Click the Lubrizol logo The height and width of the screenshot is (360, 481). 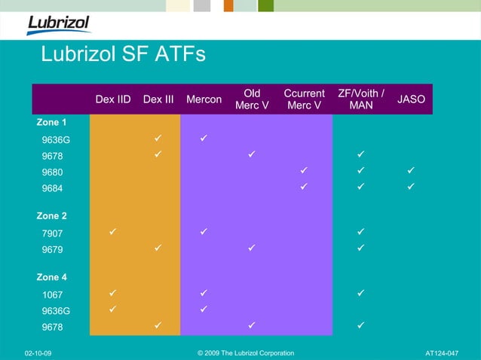point(58,23)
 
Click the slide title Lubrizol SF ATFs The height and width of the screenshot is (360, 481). point(123,55)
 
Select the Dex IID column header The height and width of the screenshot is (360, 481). point(113,99)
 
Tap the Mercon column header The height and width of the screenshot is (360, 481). point(204,99)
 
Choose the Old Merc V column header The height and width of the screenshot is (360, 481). point(252,99)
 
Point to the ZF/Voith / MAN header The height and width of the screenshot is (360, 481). point(361,99)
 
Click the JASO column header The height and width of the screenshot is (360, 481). point(411,99)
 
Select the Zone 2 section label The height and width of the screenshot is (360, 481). point(51,216)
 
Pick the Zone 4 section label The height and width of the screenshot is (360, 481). point(51,277)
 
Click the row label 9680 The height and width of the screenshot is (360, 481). point(52,172)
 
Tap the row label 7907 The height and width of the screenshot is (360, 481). point(52,233)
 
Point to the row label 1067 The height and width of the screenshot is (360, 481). point(52,294)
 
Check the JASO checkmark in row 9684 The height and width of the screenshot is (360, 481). point(411,187)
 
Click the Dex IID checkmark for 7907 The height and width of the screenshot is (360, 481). point(112,231)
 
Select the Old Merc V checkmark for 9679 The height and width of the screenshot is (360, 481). point(251,247)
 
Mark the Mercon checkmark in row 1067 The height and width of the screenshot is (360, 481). point(204,292)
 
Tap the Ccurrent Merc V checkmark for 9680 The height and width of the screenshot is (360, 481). point(304,171)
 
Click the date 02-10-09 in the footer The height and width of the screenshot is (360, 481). point(38,352)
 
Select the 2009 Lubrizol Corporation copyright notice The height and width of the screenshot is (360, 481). point(246,352)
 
